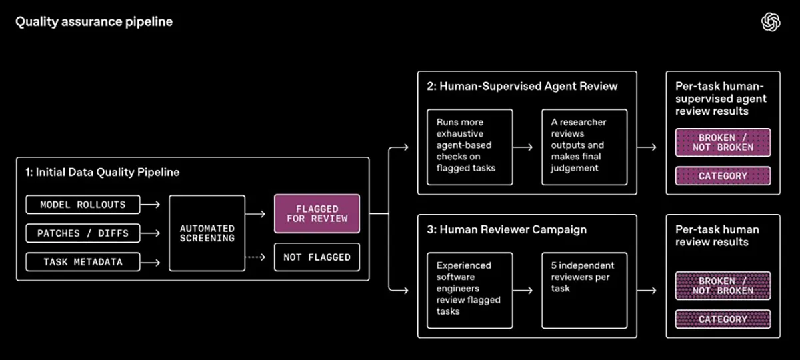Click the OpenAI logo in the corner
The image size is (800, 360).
pos(771,22)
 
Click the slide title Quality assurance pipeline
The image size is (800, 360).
pos(94,22)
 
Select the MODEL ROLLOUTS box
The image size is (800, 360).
pos(83,205)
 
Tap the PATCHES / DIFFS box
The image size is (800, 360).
pos(83,233)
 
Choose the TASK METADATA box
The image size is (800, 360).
pos(83,262)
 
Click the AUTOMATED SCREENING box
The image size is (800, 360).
pos(207,233)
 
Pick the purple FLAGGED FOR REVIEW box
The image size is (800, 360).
pos(317,213)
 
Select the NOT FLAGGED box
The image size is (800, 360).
pos(317,257)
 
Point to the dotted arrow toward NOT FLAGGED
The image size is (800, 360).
pos(256,257)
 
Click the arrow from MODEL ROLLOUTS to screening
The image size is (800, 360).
pos(151,205)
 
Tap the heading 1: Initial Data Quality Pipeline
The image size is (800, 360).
pos(103,173)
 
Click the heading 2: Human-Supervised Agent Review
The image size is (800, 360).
pos(522,87)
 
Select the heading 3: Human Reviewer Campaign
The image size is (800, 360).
pos(507,229)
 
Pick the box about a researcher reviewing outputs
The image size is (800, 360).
pos(584,147)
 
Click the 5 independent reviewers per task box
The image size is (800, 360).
pos(584,291)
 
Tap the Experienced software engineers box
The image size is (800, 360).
pos(470,291)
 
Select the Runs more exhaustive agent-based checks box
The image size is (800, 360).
pos(470,147)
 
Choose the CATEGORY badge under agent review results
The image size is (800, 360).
pos(723,176)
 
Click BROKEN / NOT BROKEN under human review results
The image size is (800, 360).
pos(723,286)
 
